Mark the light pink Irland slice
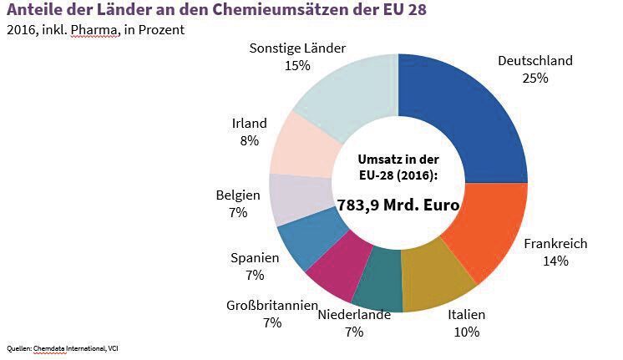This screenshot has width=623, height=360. pyautogui.click(x=299, y=146)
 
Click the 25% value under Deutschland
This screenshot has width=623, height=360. pyautogui.click(x=534, y=78)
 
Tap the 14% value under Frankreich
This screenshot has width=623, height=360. pyautogui.click(x=555, y=261)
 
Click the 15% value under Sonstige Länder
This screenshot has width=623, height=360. pyautogui.click(x=296, y=64)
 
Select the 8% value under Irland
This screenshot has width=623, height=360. pyautogui.click(x=249, y=140)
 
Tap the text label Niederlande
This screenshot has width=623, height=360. pyautogui.click(x=353, y=315)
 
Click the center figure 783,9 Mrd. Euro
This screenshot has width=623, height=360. pyautogui.click(x=398, y=203)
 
